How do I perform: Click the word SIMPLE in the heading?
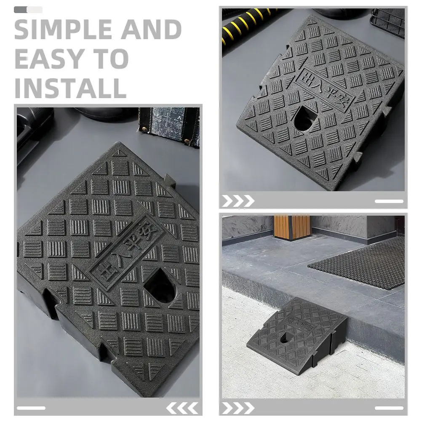click(63, 29)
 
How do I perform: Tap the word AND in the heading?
click(151, 29)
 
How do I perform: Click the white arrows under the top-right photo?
click(238, 201)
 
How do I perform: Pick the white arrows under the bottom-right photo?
click(238, 408)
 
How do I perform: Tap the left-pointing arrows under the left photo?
click(182, 408)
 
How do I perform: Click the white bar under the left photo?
click(31, 408)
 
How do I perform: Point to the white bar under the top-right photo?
click(389, 201)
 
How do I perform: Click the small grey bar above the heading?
click(28, 10)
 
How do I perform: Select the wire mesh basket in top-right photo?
click(387, 23)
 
